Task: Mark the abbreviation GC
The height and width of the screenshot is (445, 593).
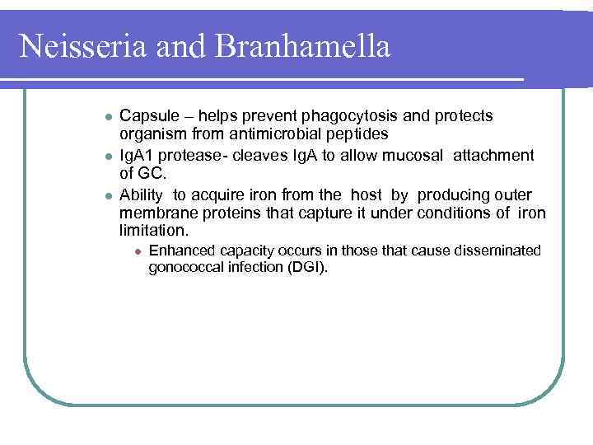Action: pos(152,174)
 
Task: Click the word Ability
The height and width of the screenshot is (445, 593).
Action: pos(141,194)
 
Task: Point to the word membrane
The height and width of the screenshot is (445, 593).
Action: pos(152,213)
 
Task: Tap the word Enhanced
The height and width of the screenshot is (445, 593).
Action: pos(179,251)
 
